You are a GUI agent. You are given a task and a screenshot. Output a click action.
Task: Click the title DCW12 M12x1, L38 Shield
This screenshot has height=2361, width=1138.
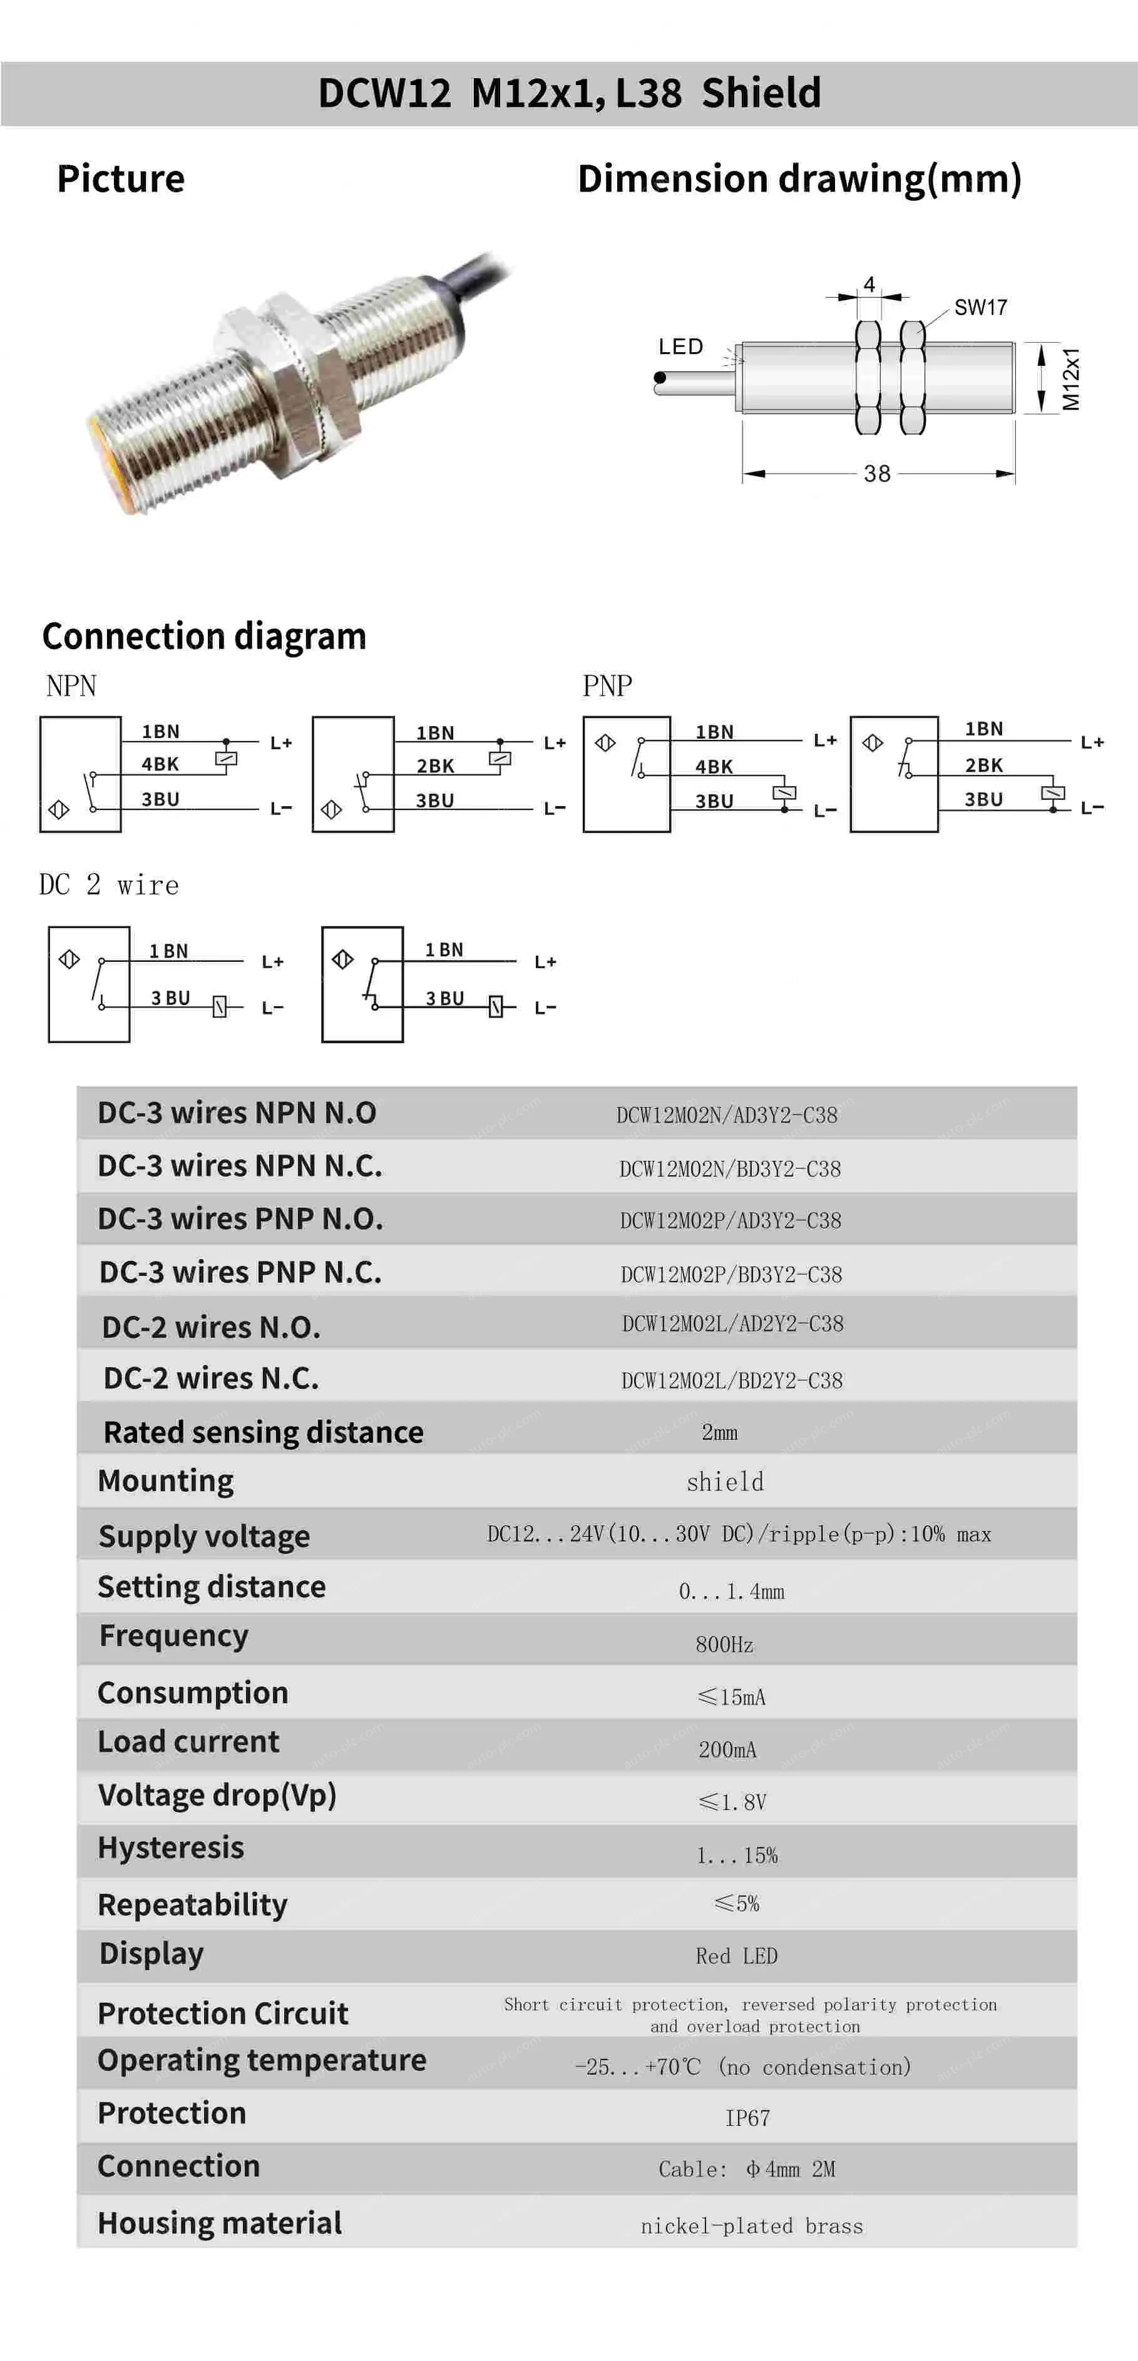pyautogui.click(x=568, y=93)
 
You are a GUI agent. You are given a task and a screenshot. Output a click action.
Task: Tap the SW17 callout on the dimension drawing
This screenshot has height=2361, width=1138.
pyautogui.click(x=980, y=308)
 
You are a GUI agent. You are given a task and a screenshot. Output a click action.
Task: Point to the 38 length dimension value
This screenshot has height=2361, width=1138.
pyautogui.click(x=876, y=474)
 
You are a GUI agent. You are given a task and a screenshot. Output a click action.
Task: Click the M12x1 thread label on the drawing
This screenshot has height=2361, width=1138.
pyautogui.click(x=1071, y=378)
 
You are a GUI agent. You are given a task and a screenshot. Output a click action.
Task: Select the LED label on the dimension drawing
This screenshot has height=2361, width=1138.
pyautogui.click(x=680, y=346)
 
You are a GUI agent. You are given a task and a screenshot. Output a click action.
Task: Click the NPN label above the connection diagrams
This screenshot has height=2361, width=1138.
pyautogui.click(x=71, y=685)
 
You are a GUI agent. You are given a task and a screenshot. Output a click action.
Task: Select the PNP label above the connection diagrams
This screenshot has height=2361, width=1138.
pyautogui.click(x=607, y=685)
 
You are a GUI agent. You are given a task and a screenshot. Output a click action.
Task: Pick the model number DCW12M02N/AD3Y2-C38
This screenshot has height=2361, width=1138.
pyautogui.click(x=726, y=1115)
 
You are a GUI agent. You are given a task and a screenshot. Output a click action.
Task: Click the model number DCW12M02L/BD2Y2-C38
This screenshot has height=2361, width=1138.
pyautogui.click(x=732, y=1380)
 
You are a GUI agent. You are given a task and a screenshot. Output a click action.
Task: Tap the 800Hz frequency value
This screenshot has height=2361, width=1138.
pyautogui.click(x=724, y=1644)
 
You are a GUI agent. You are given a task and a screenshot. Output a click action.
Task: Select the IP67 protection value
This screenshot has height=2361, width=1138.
pyautogui.click(x=747, y=2118)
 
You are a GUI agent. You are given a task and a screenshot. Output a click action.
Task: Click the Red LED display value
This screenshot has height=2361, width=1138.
pyautogui.click(x=736, y=1956)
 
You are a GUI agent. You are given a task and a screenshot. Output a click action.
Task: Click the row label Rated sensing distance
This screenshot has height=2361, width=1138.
pyautogui.click(x=263, y=1432)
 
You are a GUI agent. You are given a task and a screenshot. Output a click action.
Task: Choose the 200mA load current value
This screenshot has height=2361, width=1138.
pyautogui.click(x=727, y=1750)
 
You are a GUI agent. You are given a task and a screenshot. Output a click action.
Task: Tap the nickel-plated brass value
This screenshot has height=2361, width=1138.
pyautogui.click(x=752, y=2227)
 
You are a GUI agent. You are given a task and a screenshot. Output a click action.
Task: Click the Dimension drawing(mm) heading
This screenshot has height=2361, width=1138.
pyautogui.click(x=799, y=179)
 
